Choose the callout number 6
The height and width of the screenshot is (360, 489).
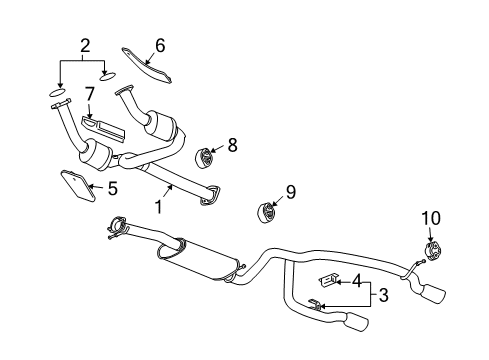[159, 45]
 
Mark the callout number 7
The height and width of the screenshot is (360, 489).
[89, 95]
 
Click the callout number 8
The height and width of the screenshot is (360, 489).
[232, 145]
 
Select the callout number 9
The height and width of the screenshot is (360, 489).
[291, 191]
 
